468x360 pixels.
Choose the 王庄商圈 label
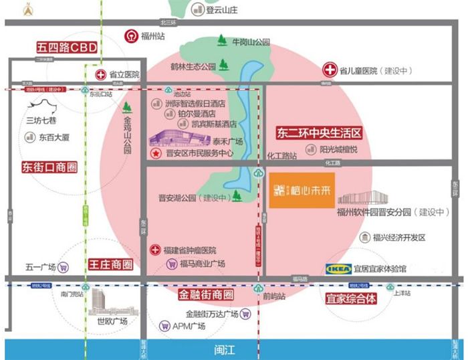tap(110, 265)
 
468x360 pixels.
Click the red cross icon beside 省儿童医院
tap(330, 69)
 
